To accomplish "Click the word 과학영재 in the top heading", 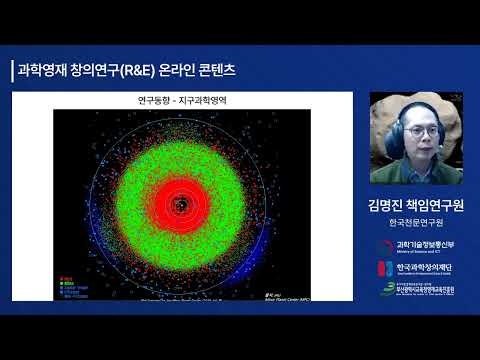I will point(43,70).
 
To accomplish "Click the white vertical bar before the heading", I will point(11,70).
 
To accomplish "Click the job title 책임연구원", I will point(438,205).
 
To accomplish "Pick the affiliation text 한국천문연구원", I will point(418,224).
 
